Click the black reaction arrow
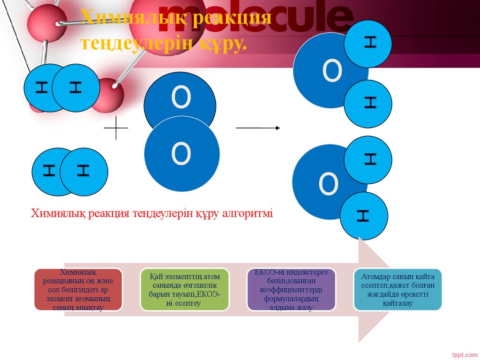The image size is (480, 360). pyautogui.click(x=258, y=127)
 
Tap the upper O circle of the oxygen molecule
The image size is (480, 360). pyautogui.click(x=180, y=96)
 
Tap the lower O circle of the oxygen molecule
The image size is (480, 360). pyautogui.click(x=181, y=154)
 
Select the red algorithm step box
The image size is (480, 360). pyautogui.click(x=78, y=289)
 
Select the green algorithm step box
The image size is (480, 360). pyautogui.click(x=185, y=289)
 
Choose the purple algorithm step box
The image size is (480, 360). pyautogui.click(x=291, y=289)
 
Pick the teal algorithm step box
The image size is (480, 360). pyautogui.click(x=397, y=289)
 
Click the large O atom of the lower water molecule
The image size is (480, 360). pyautogui.click(x=323, y=183)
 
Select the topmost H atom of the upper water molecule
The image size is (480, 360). pyautogui.click(x=368, y=43)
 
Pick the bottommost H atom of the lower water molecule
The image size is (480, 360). pyautogui.click(x=364, y=216)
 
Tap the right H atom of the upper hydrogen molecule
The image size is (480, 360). pyautogui.click(x=76, y=87)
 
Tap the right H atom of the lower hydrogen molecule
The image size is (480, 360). pyautogui.click(x=84, y=172)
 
